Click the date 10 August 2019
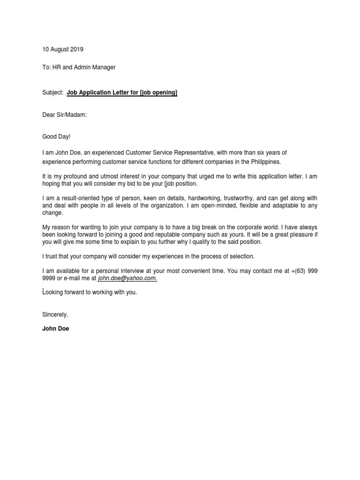63,49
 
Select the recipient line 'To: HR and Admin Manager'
79,67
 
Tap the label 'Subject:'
52,93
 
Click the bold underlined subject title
122,93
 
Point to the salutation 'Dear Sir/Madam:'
64,115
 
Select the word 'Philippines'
265,162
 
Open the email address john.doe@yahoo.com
127,278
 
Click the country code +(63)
297,271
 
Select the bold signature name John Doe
55,329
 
